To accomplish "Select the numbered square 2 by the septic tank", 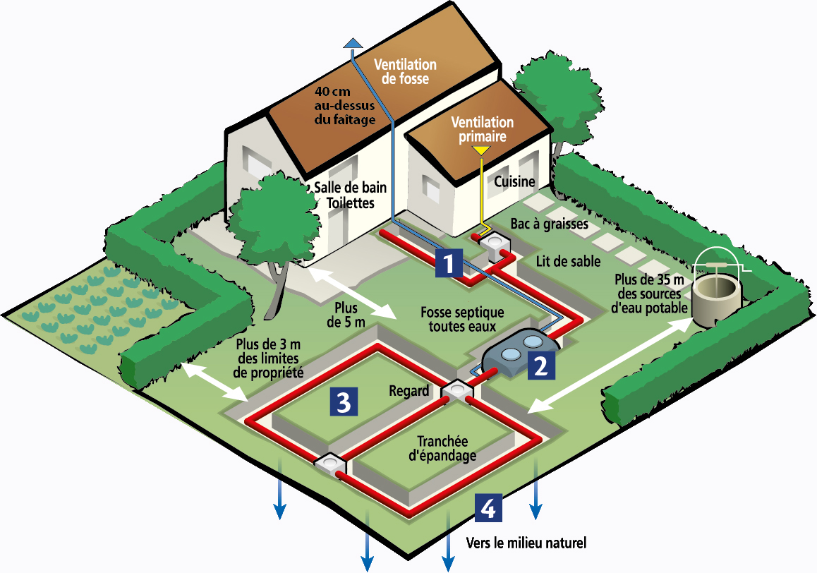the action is (x=541, y=366).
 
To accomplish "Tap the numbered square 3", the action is (x=344, y=402).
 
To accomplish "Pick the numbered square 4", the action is (x=488, y=508).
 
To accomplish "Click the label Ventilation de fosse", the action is (x=405, y=71).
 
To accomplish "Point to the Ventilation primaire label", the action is (x=482, y=129).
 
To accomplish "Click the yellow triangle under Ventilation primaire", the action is (x=481, y=151).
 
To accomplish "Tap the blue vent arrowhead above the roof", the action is (x=353, y=43).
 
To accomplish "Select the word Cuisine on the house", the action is (x=514, y=181).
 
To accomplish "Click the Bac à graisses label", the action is (x=549, y=224).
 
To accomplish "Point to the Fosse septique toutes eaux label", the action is (x=462, y=319).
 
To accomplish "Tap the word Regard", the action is (x=409, y=391).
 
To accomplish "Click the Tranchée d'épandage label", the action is (x=442, y=448).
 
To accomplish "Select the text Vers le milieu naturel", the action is (x=526, y=543).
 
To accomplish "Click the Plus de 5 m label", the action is (x=346, y=315).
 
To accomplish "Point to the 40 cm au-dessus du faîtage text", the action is (x=344, y=105).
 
